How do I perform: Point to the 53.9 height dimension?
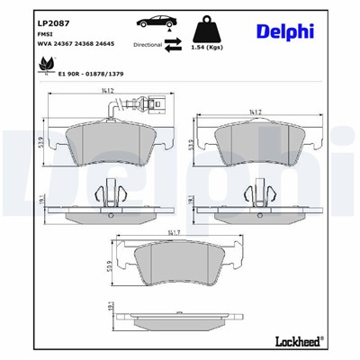41,141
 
